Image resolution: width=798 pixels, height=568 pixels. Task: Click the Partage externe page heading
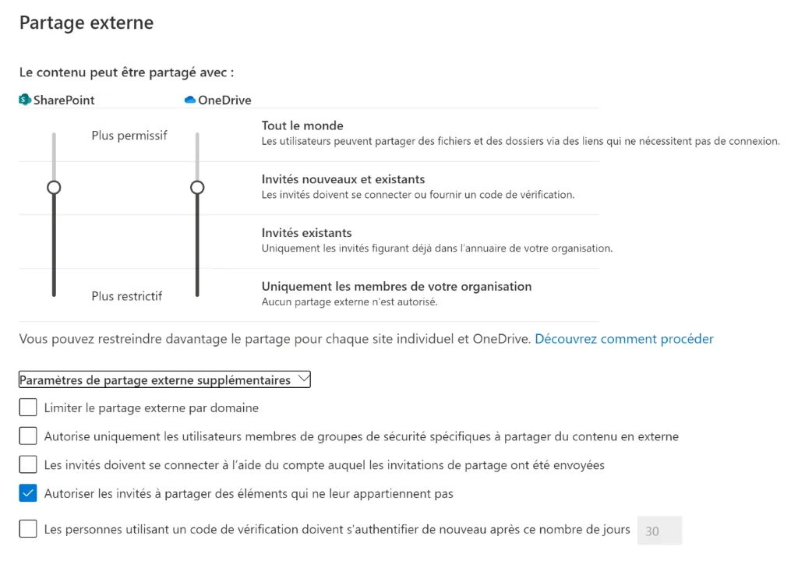(87, 23)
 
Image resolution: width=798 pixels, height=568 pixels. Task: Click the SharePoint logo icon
(25, 100)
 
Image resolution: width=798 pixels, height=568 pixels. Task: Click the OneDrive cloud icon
(190, 100)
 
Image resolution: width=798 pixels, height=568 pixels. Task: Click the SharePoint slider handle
(54, 187)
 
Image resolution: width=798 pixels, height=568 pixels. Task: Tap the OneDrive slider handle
(197, 187)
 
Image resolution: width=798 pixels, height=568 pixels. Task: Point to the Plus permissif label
(129, 135)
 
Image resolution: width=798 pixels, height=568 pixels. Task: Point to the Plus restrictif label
(127, 295)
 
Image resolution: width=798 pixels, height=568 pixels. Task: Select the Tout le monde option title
(302, 125)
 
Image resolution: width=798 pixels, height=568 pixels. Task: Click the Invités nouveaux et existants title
(343, 179)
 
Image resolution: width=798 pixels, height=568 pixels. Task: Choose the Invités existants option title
(306, 232)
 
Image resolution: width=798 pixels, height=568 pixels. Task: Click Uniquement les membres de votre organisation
(396, 286)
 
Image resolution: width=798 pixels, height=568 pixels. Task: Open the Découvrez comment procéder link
(623, 339)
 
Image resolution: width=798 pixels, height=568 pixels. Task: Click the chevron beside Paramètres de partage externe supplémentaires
(303, 379)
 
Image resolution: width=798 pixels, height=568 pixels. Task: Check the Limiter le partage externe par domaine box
(28, 407)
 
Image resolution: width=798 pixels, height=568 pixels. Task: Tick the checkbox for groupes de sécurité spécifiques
(28, 436)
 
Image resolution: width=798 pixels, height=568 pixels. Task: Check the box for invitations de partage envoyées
(28, 464)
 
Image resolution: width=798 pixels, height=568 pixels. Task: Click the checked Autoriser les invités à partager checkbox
(28, 493)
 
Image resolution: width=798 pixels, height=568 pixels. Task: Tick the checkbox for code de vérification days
(28, 529)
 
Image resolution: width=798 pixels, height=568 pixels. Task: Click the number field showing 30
(659, 531)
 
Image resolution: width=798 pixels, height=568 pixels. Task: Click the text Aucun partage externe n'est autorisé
(349, 302)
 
